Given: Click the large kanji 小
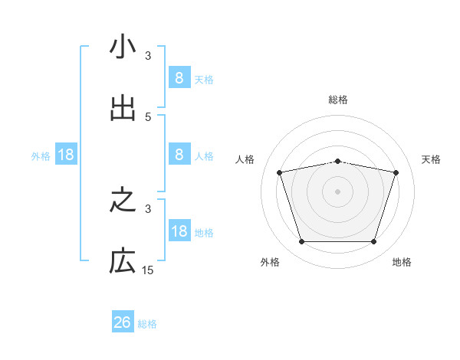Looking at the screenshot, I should coord(123,47).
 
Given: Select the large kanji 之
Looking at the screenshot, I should coord(123,201).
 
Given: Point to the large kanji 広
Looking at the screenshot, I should coord(123,262).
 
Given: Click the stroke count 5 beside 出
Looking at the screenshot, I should coord(148,117).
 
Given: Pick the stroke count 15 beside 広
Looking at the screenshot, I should coord(148,270).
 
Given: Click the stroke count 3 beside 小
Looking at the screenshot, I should coord(148,56).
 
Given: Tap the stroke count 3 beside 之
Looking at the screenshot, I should coord(148,208).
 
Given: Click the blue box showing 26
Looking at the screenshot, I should coord(123,322).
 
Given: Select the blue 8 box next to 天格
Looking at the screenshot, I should coord(179,77).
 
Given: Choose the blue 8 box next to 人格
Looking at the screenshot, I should coord(179,154).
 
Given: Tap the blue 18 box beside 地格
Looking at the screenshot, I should coord(179,231).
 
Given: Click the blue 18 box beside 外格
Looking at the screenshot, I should coord(66,155).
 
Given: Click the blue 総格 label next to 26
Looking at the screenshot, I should coord(147,324).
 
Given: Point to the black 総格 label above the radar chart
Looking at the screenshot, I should coord(337,100).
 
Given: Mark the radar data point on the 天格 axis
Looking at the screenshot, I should coord(396,173).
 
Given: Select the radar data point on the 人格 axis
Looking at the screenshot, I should coord(280,173).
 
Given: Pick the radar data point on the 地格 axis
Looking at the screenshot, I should coord(373,242).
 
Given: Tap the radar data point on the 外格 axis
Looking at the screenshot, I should coord(301,242).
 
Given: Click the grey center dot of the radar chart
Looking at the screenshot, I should coord(337,191).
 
